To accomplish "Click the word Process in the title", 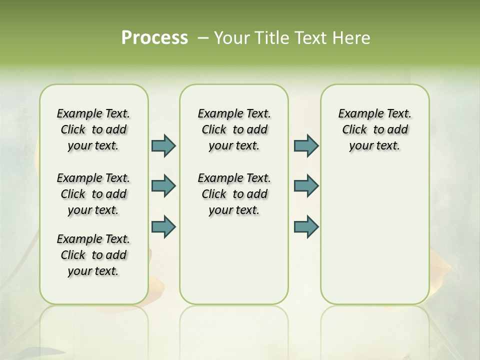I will pos(154,38).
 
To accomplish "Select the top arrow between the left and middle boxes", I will pos(163,145).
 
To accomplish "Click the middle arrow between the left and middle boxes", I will pos(163,186).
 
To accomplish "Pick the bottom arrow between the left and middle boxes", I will pos(163,226).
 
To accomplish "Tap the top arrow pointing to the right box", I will pos(306,145).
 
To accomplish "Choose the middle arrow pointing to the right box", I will pos(306,186).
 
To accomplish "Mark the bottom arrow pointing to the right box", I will pos(306,226).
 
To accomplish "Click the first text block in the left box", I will pos(93,129).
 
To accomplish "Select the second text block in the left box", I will pos(93,194).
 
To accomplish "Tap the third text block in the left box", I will pos(93,255).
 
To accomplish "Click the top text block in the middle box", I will pos(234,129).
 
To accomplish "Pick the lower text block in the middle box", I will pos(234,194).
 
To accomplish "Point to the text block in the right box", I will pos(374,129).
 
